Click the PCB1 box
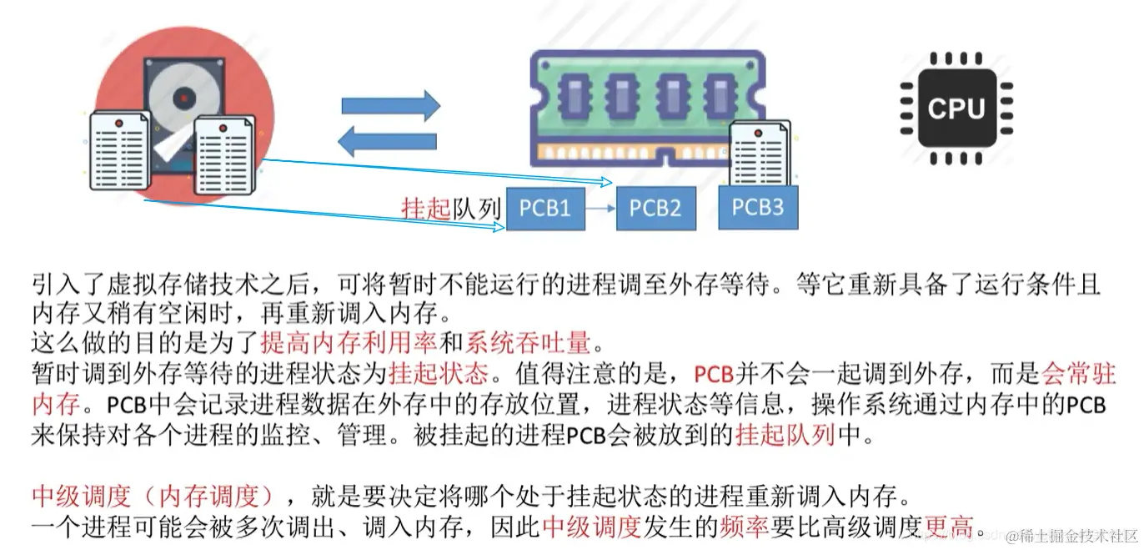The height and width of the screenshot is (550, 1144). coord(545,209)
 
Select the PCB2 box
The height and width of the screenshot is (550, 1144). coord(655,209)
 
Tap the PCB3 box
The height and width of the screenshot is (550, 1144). coord(758,207)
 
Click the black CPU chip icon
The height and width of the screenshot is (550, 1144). coord(956,108)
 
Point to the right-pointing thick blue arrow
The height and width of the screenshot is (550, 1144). coord(391,106)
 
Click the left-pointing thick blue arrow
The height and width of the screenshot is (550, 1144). coord(388,142)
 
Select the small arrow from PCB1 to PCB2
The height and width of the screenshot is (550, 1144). coord(600,209)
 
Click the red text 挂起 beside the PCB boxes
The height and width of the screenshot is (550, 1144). coord(426,209)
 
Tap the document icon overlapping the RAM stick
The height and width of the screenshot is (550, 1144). coord(760,154)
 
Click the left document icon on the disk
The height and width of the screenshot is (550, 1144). coord(120,150)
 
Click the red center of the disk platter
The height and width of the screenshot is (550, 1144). coord(184,98)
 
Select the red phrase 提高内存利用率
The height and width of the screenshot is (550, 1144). coord(349,343)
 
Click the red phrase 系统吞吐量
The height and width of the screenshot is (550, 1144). coord(528,343)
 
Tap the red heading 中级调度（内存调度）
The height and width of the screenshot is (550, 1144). coord(153,496)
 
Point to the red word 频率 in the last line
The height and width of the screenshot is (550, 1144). coord(744,527)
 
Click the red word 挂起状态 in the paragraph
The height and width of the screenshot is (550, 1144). coord(439,374)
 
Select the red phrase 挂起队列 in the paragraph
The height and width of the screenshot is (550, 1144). coord(785,435)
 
